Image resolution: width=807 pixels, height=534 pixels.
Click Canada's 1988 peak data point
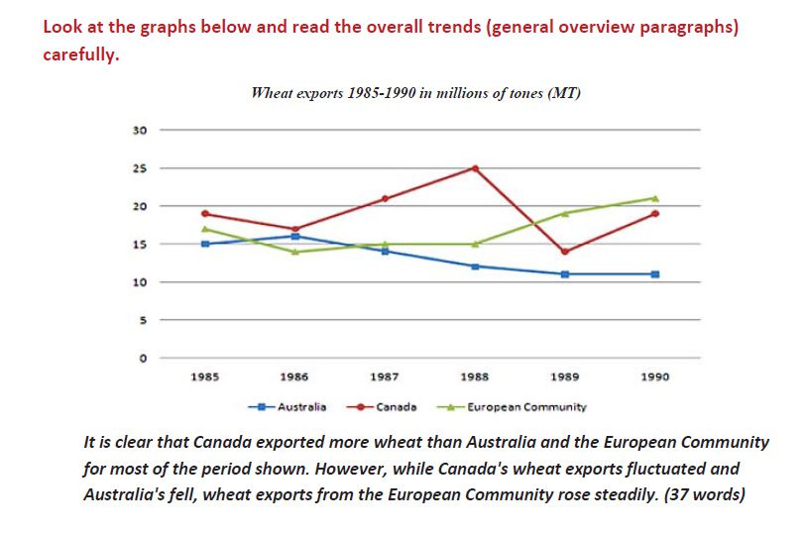click(x=475, y=168)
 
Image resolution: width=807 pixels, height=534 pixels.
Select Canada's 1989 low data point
click(x=565, y=252)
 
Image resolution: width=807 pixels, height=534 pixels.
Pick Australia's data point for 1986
click(x=294, y=236)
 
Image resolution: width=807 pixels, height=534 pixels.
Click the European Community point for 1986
click(x=294, y=252)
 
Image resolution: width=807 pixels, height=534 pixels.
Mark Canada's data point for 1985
click(x=205, y=213)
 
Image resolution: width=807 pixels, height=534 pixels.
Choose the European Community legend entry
click(x=525, y=406)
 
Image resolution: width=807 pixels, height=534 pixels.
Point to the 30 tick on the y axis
click(x=140, y=130)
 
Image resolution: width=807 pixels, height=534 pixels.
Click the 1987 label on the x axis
click(x=385, y=377)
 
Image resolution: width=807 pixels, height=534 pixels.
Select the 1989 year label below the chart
click(x=565, y=377)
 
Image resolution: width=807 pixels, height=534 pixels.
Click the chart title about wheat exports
click(x=415, y=94)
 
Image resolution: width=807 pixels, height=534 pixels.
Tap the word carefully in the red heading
click(x=80, y=55)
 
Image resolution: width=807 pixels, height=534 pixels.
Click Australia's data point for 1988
click(x=475, y=267)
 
